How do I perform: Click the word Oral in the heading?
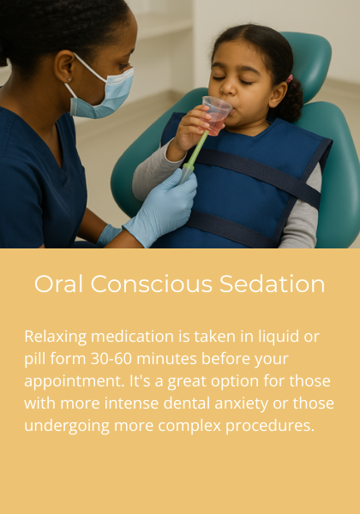tap(58, 284)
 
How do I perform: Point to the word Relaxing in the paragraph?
tap(56, 336)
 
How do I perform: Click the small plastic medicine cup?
tap(216, 114)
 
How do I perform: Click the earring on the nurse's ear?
tap(67, 81)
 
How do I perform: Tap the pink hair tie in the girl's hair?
tap(289, 78)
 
